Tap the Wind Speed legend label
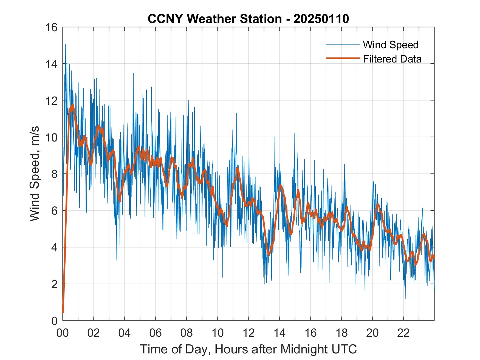(x=391, y=45)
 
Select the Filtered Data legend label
(x=392, y=59)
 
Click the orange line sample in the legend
(x=343, y=58)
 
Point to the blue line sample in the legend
(x=343, y=44)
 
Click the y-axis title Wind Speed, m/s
(x=35, y=174)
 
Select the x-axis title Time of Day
(x=249, y=349)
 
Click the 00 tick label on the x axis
(x=63, y=333)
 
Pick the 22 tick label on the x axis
(x=404, y=333)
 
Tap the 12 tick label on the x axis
(x=249, y=333)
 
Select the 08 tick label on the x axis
(x=187, y=333)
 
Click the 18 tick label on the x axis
(x=342, y=333)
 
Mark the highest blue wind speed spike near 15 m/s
(x=66, y=44)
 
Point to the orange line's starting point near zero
(x=63, y=312)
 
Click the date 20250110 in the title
(x=321, y=19)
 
